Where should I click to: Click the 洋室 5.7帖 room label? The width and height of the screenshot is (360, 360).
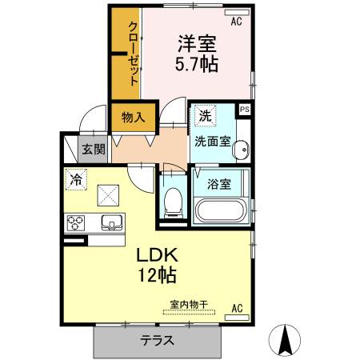click(197, 54)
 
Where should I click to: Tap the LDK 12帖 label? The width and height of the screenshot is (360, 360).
click(157, 265)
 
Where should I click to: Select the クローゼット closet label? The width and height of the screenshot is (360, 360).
click(134, 54)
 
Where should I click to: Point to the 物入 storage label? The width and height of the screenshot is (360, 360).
click(134, 117)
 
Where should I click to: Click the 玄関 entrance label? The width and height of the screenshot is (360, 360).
click(94, 150)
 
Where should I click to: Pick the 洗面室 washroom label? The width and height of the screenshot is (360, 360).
click(213, 142)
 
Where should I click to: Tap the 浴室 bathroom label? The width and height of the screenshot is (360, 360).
click(219, 184)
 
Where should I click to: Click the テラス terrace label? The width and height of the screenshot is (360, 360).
click(158, 341)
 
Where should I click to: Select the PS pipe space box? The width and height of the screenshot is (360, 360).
click(245, 110)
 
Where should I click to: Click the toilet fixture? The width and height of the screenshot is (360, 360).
click(174, 202)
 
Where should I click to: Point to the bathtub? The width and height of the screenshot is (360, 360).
click(220, 210)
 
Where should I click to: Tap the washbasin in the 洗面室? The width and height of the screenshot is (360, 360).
click(241, 150)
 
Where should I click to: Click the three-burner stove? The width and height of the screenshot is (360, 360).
click(76, 223)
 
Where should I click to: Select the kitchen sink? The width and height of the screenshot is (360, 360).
click(112, 222)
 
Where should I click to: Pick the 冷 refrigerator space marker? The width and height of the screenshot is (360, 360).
click(76, 179)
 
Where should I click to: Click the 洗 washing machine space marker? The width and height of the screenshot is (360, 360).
click(206, 115)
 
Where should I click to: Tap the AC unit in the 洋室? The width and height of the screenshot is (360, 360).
click(237, 13)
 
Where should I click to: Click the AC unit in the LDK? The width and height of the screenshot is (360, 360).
click(237, 318)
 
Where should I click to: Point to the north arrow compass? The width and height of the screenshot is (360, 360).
click(285, 340)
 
